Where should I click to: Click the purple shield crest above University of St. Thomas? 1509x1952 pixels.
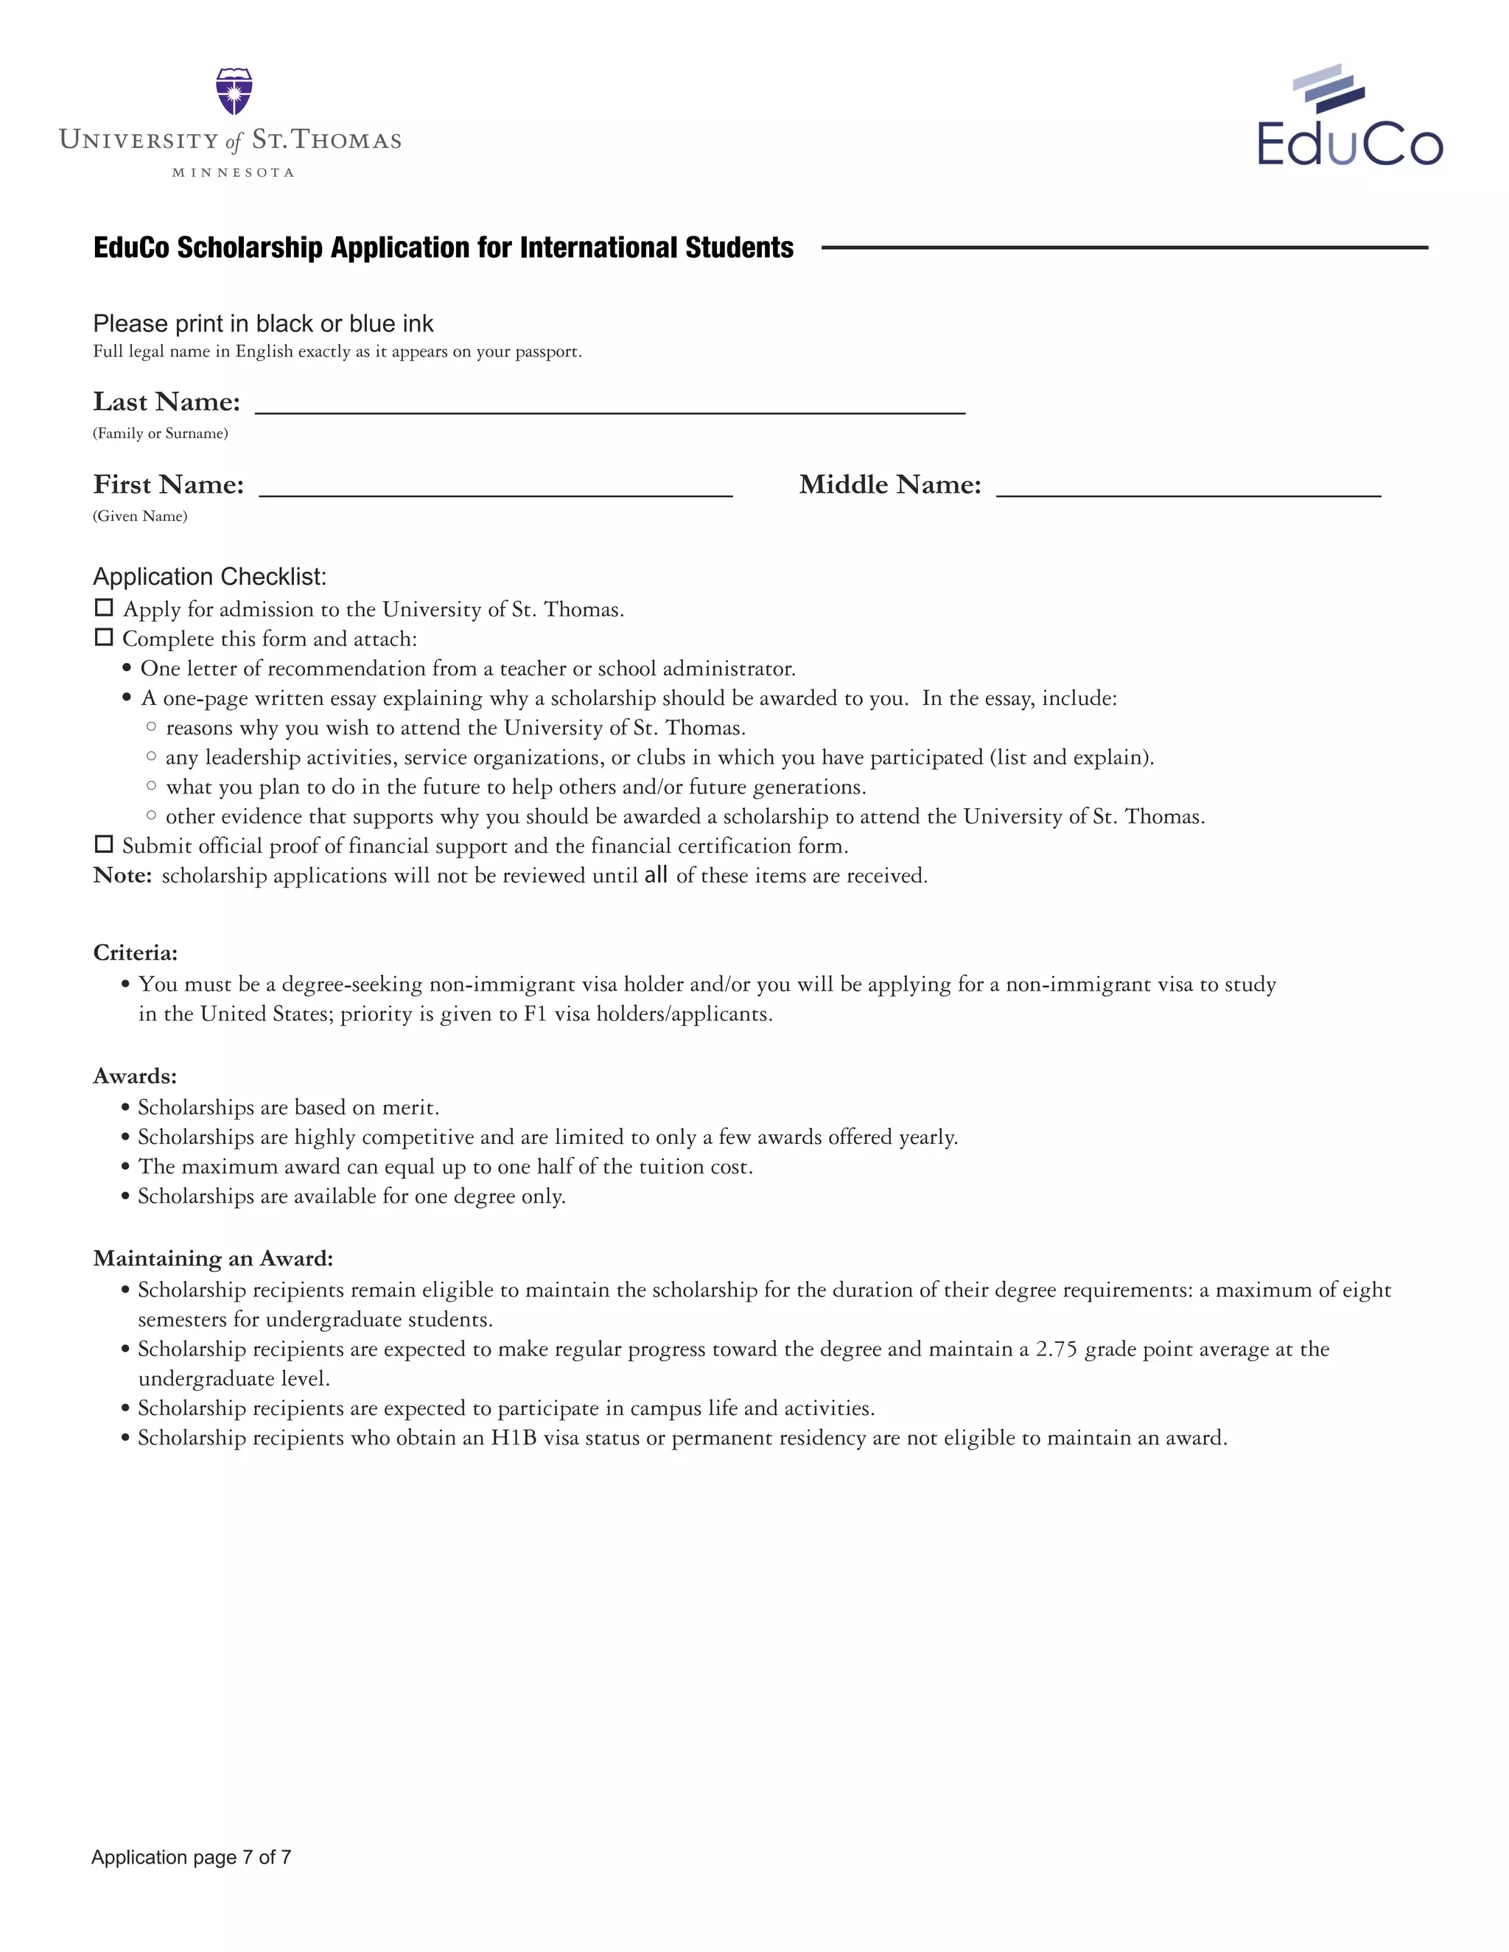pyautogui.click(x=234, y=91)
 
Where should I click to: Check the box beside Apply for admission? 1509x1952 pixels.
pyautogui.click(x=104, y=608)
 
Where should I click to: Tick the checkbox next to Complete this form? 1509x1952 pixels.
pyautogui.click(x=104, y=637)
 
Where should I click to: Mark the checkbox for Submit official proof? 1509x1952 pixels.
pyautogui.click(x=104, y=845)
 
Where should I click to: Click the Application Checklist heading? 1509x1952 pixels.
pyautogui.click(x=210, y=577)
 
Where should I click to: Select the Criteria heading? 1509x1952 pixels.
pyautogui.click(x=135, y=952)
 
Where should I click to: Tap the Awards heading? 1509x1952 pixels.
pyautogui.click(x=135, y=1076)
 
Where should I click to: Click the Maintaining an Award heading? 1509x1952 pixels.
pyautogui.click(x=213, y=1258)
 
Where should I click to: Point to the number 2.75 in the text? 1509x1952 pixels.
pyautogui.click(x=1056, y=1349)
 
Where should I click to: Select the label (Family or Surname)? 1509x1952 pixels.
pyautogui.click(x=160, y=433)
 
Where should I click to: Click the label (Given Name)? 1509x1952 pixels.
pyautogui.click(x=139, y=516)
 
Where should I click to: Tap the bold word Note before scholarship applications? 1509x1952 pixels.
pyautogui.click(x=122, y=875)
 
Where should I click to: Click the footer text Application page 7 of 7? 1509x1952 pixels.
pyautogui.click(x=192, y=1857)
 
